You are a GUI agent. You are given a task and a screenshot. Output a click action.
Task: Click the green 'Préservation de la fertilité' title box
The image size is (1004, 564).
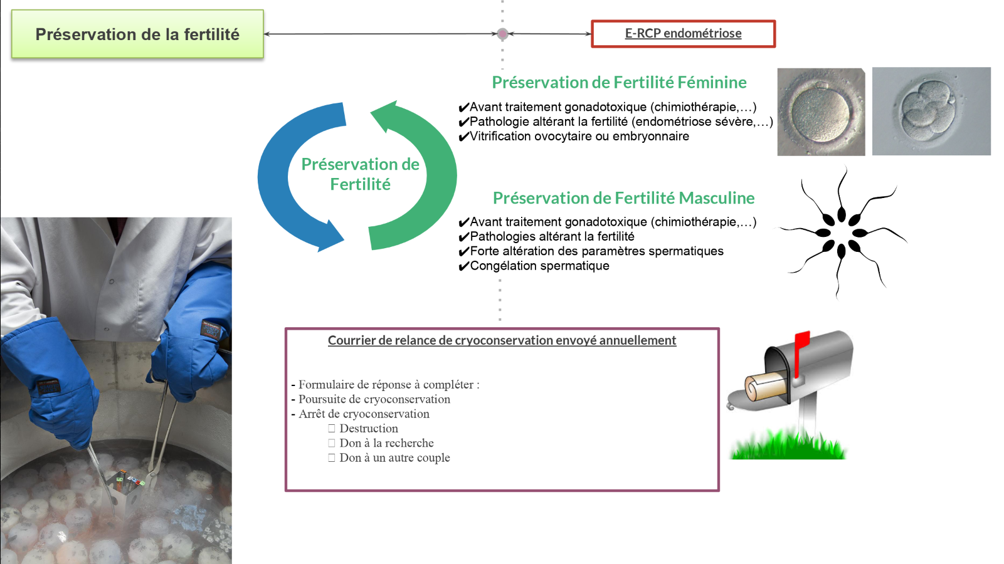click(137, 34)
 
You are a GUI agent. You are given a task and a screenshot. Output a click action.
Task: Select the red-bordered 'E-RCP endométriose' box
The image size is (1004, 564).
click(683, 34)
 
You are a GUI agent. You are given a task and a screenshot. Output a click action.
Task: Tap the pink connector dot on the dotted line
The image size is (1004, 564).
click(502, 34)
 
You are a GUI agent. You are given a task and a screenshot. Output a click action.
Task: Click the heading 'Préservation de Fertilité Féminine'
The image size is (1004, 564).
click(619, 82)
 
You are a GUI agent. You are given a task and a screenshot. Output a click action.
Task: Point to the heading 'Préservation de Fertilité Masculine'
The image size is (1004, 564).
click(623, 198)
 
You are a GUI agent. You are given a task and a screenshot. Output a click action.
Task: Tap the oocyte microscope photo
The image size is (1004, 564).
click(821, 112)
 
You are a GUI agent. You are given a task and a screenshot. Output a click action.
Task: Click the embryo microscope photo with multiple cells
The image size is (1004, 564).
click(931, 112)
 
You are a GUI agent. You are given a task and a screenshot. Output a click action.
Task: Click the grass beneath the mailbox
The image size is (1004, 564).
click(788, 446)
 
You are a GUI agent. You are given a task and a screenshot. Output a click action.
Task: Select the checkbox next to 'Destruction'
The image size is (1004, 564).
click(332, 429)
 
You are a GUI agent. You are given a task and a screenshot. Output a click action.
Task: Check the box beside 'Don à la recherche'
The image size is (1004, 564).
click(332, 443)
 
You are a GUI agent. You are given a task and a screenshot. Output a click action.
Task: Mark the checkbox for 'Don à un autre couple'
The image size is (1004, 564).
click(332, 458)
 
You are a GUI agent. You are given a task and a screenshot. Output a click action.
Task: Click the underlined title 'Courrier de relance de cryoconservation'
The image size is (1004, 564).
click(502, 340)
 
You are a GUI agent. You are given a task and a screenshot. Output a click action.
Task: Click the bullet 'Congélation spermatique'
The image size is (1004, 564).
click(539, 266)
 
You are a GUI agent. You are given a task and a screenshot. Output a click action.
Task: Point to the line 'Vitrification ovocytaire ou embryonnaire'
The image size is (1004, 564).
click(579, 137)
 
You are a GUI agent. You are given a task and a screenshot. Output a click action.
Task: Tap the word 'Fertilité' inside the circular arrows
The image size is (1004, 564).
click(360, 184)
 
